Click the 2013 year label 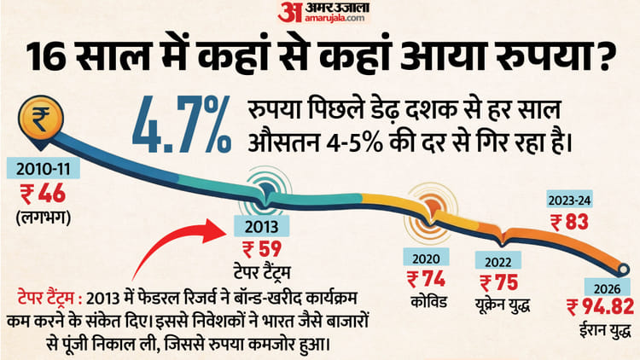pyautogui.click(x=260, y=226)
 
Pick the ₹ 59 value pyautogui.click(x=260, y=250)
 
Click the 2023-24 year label pyautogui.click(x=568, y=201)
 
